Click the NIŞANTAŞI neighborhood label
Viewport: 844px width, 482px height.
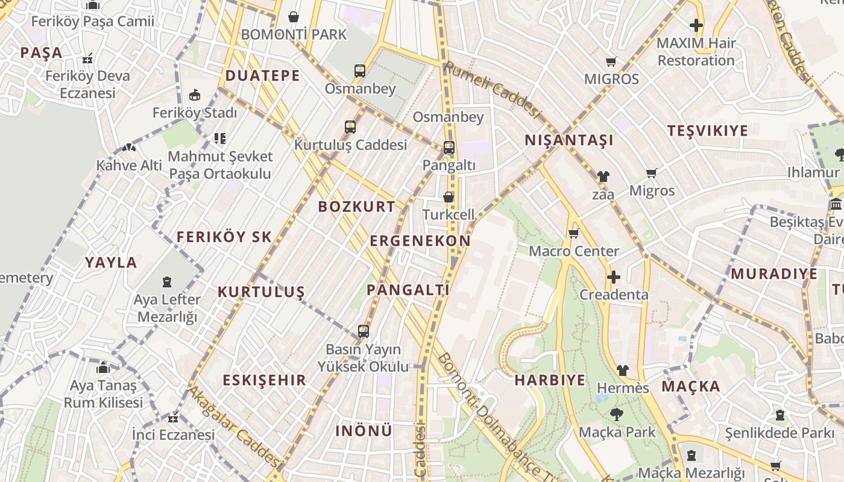[x=569, y=140]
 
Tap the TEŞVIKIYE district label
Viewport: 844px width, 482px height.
[x=708, y=131]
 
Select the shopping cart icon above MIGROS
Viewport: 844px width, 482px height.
[x=611, y=61]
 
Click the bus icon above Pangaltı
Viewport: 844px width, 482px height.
[x=449, y=148]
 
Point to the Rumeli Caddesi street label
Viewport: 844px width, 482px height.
[x=491, y=89]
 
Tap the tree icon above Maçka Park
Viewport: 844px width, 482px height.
[x=616, y=415]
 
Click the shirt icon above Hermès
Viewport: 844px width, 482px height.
[x=622, y=371]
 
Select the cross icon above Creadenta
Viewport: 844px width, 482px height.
[x=614, y=277]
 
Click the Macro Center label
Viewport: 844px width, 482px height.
[x=574, y=251]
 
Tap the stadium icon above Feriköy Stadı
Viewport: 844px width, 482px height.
[x=195, y=95]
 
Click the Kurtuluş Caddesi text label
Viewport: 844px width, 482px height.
[x=350, y=145]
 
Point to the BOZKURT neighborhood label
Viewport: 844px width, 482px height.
[x=357, y=207]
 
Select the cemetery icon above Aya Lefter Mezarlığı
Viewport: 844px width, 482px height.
[x=166, y=281]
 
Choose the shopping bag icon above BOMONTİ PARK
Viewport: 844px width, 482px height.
[x=294, y=17]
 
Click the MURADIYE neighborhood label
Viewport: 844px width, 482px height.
[x=774, y=274]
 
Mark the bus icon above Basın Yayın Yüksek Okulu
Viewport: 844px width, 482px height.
[x=363, y=331]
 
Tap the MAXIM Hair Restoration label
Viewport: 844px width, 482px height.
[x=696, y=52]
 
